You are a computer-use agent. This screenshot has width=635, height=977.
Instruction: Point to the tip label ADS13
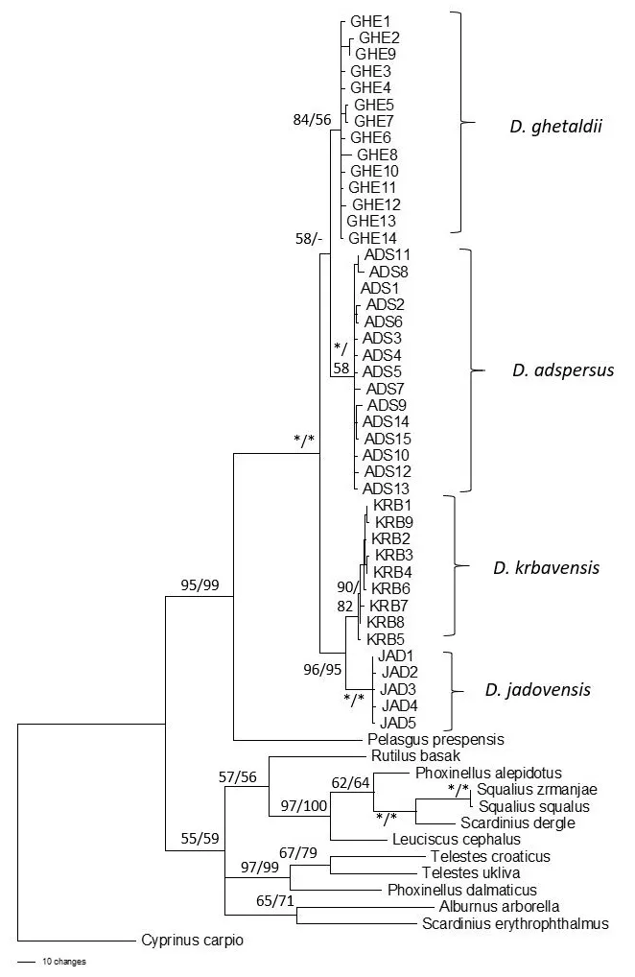tap(384, 488)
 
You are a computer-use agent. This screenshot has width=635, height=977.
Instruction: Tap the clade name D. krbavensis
tap(546, 567)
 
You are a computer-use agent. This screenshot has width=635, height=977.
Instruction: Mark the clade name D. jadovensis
tap(534, 689)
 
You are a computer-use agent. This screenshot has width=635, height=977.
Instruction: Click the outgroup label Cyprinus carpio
tap(192, 941)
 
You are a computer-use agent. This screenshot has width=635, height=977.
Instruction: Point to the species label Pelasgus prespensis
tap(435, 739)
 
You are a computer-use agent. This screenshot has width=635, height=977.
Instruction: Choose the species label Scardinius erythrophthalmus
tap(515, 924)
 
